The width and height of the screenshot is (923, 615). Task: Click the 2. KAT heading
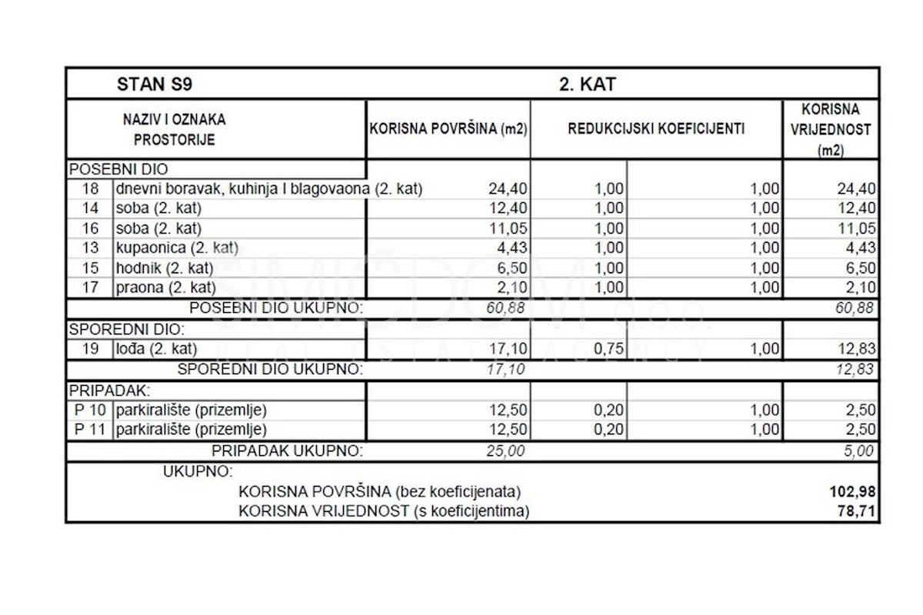tap(587, 84)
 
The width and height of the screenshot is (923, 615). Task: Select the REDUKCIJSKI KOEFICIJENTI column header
tap(656, 129)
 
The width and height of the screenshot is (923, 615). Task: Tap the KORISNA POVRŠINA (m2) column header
tap(448, 129)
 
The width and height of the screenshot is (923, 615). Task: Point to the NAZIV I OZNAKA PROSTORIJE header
tap(175, 129)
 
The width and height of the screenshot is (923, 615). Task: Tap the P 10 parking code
tap(90, 410)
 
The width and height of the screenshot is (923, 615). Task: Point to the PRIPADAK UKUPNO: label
tap(287, 451)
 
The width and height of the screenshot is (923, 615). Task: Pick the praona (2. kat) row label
tap(164, 288)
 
